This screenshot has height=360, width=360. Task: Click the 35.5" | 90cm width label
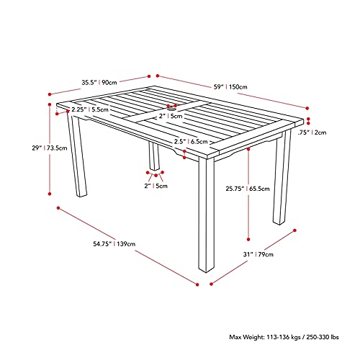pyautogui.click(x=100, y=83)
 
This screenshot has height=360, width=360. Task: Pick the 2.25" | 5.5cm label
pyautogui.click(x=90, y=109)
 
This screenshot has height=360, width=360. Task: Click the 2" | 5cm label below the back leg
pyautogui.click(x=156, y=186)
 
